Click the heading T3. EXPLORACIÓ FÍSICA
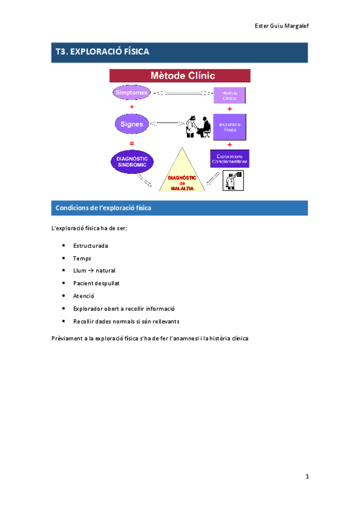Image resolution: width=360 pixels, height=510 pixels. (102, 52)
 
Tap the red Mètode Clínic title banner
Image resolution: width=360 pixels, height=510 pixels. (180, 76)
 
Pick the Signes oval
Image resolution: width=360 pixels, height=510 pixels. (131, 124)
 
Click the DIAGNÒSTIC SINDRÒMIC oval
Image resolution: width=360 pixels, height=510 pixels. (132, 161)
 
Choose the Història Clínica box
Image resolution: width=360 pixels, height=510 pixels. (230, 94)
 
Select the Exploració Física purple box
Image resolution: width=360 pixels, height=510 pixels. (230, 126)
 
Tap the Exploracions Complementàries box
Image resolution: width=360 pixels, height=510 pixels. (229, 159)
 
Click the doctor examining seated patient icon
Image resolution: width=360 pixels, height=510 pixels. (197, 126)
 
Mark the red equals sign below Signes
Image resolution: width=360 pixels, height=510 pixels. (131, 143)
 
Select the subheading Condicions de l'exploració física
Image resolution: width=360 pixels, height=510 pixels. (103, 208)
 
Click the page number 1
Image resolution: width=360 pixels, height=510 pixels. (306, 477)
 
